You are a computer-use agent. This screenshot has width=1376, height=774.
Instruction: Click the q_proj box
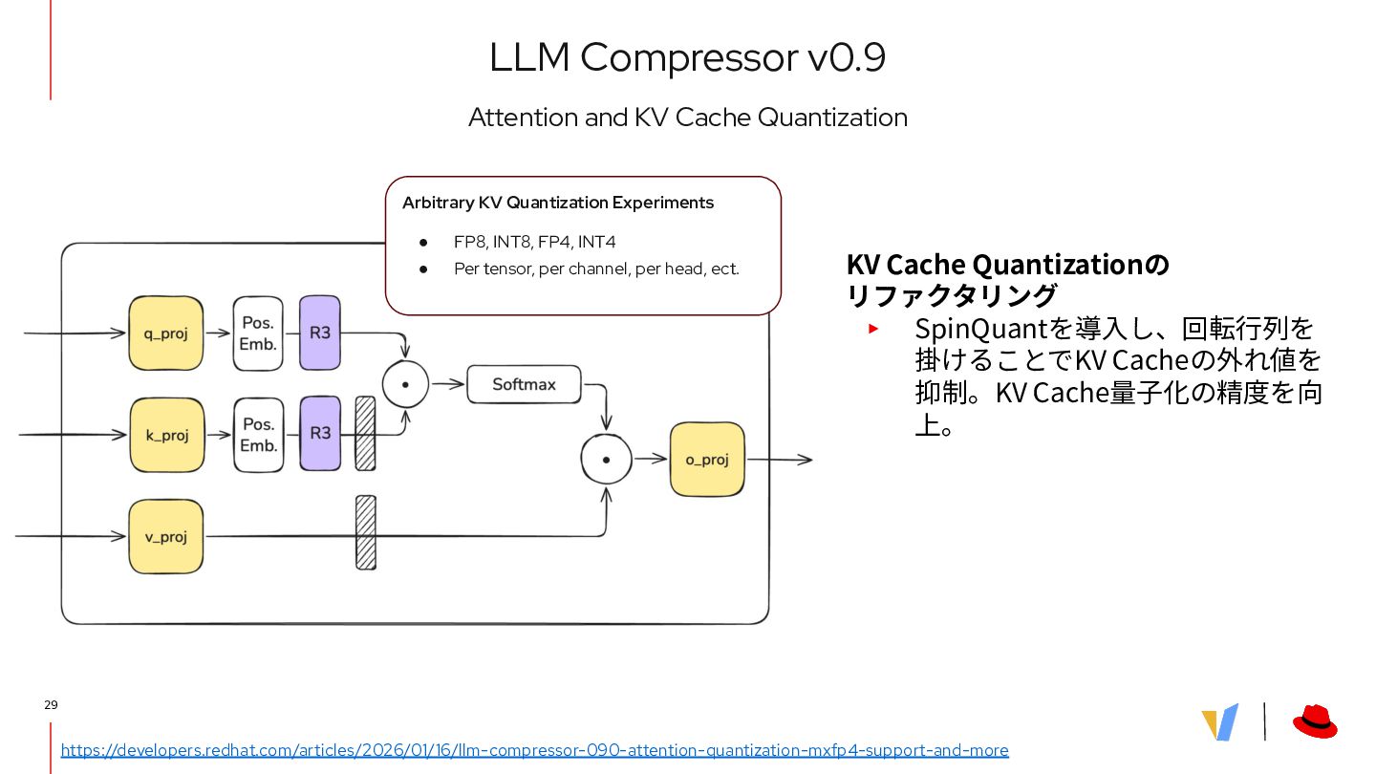pyautogui.click(x=166, y=333)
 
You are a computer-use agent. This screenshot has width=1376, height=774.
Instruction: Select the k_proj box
pyautogui.click(x=167, y=435)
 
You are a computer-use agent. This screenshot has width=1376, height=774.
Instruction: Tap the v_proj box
pyautogui.click(x=166, y=536)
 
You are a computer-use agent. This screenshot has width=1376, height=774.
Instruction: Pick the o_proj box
pyautogui.click(x=707, y=460)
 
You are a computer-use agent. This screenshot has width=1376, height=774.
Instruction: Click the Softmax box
pyautogui.click(x=524, y=384)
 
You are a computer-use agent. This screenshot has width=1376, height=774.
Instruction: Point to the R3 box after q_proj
pyautogui.click(x=320, y=333)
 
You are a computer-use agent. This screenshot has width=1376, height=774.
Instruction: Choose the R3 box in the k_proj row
pyautogui.click(x=320, y=433)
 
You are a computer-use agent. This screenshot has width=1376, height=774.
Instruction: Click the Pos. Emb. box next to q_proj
pyautogui.click(x=258, y=333)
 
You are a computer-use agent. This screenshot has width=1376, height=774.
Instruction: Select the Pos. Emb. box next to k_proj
pyautogui.click(x=259, y=435)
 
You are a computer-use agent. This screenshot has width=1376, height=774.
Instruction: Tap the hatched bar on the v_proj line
pyautogui.click(x=366, y=532)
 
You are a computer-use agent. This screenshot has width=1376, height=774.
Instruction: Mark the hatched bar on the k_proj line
pyautogui.click(x=365, y=434)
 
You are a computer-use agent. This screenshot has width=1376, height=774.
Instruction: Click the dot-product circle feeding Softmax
pyautogui.click(x=406, y=384)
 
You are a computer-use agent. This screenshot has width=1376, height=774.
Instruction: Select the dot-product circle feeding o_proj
pyautogui.click(x=607, y=460)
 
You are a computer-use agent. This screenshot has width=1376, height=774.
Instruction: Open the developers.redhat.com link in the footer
pyautogui.click(x=534, y=750)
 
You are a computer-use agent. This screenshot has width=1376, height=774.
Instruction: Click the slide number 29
pyautogui.click(x=51, y=705)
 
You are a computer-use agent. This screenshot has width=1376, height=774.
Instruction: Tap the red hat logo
pyautogui.click(x=1315, y=721)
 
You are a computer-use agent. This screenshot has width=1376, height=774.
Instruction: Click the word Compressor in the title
pyautogui.click(x=688, y=57)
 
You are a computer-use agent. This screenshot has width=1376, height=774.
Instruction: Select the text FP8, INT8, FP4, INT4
pyautogui.click(x=534, y=242)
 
